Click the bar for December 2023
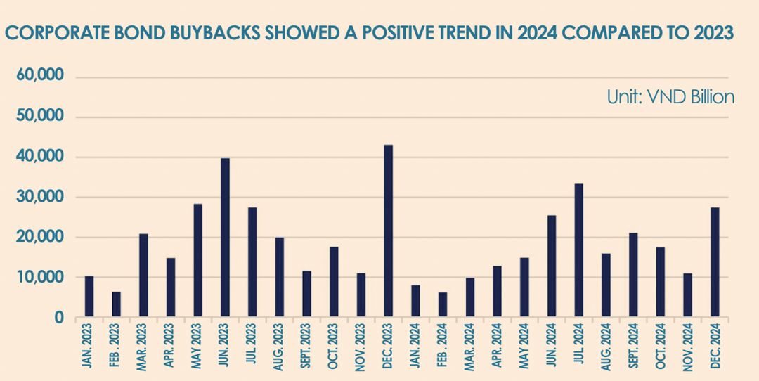[x=388, y=231]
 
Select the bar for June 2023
[x=225, y=238]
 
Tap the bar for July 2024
[x=578, y=251]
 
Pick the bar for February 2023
[x=116, y=304]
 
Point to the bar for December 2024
[x=715, y=262]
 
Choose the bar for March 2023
[x=144, y=276]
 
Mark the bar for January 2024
[x=415, y=301]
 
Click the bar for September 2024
[x=633, y=275]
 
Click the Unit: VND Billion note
[x=671, y=97]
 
